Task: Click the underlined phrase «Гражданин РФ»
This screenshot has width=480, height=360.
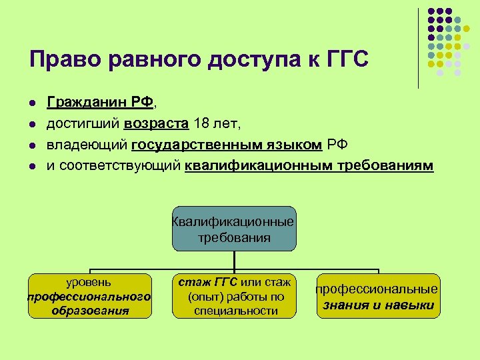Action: (x=100, y=102)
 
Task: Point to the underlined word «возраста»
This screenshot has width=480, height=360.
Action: (x=156, y=123)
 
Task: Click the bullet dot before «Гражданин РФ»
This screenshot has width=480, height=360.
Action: (x=31, y=103)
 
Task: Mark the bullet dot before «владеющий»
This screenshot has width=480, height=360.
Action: (x=31, y=146)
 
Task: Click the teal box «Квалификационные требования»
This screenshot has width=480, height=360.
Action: (x=233, y=229)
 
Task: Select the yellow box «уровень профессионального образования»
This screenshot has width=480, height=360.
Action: (x=89, y=296)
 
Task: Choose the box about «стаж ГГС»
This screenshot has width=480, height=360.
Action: (x=235, y=296)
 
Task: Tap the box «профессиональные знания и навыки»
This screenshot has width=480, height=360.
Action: (x=377, y=296)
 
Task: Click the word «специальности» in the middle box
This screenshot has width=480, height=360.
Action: (x=235, y=311)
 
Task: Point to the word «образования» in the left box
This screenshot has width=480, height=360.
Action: (x=90, y=311)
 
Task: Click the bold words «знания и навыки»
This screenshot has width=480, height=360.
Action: (x=377, y=306)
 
